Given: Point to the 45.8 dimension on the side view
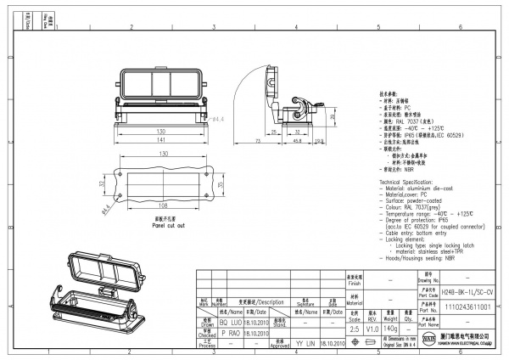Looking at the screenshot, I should pos(298,142).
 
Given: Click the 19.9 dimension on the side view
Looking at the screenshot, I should pos(317,142).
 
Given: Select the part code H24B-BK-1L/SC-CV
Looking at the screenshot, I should pos(467,290).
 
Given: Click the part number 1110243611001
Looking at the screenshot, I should pos(467,306).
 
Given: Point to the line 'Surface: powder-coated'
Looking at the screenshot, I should pos(413,199).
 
